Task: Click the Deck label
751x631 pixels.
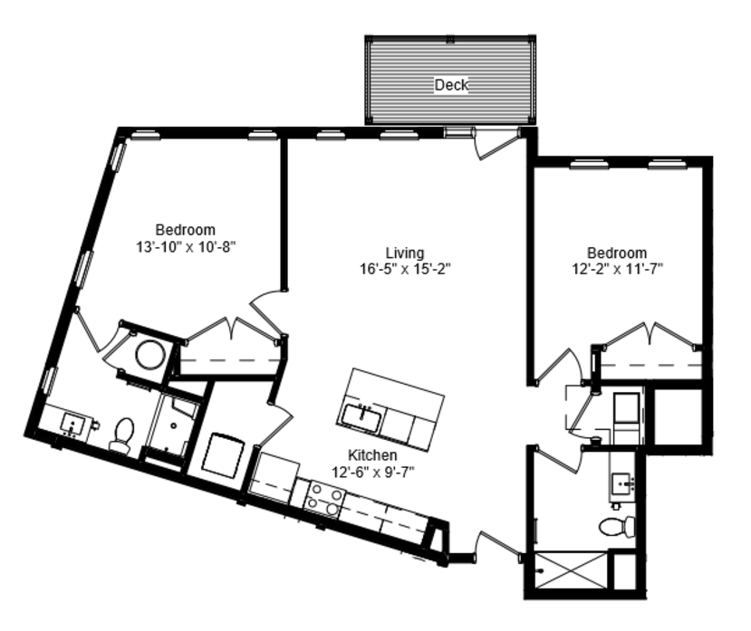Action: point(451,85)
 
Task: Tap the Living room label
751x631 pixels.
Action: point(405,253)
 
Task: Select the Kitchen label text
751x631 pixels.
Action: point(372,454)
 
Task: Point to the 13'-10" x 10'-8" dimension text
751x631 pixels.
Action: point(187,247)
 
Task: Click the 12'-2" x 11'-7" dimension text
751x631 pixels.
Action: point(617,269)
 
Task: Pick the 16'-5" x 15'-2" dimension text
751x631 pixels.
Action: point(405,269)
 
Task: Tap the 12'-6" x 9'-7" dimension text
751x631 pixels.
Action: point(373,473)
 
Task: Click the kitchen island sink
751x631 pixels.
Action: point(361,417)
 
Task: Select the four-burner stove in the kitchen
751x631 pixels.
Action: point(324,499)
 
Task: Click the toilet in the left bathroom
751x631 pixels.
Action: point(122,435)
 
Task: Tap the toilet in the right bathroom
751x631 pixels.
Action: point(617,527)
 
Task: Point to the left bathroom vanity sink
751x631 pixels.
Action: point(72,425)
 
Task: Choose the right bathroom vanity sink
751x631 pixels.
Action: point(622,483)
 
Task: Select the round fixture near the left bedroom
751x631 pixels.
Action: point(151,355)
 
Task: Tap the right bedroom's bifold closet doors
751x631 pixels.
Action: point(650,334)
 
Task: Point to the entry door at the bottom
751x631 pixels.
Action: point(498,545)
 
